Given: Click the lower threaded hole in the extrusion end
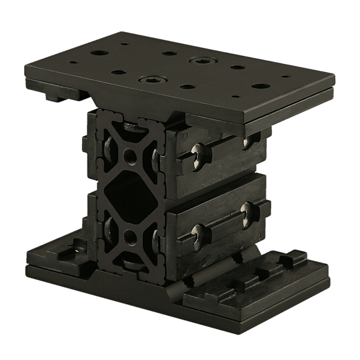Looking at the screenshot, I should tap(131, 237).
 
